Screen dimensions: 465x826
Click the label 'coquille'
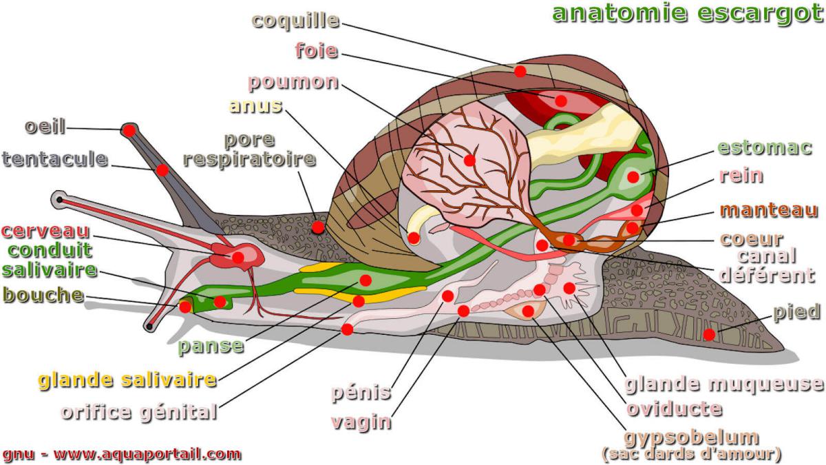(296, 20)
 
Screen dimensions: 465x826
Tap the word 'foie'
(317, 50)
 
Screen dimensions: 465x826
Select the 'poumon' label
(293, 82)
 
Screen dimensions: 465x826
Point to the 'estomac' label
(765, 147)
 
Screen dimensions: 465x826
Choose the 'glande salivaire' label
(127, 380)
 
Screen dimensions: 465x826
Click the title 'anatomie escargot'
(683, 13)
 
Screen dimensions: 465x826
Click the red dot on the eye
(129, 130)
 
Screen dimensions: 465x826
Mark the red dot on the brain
(237, 257)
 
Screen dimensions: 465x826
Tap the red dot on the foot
(709, 335)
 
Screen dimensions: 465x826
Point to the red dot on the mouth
(185, 307)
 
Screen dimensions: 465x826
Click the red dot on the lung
(469, 161)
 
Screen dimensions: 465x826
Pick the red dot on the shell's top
(520, 71)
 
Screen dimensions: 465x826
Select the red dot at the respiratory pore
(318, 226)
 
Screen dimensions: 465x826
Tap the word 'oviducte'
(674, 409)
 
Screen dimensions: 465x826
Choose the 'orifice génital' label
(138, 413)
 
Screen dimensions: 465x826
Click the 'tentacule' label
(55, 159)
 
